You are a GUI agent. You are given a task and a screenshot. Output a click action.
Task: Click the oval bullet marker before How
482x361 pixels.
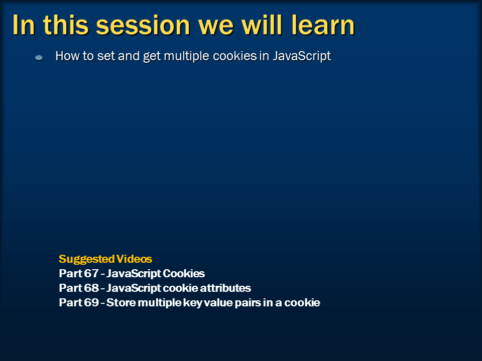coord(39,58)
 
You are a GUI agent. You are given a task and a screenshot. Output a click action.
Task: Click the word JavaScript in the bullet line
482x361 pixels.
coord(301,56)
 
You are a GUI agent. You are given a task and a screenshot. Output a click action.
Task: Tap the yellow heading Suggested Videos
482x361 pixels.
coord(105,259)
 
